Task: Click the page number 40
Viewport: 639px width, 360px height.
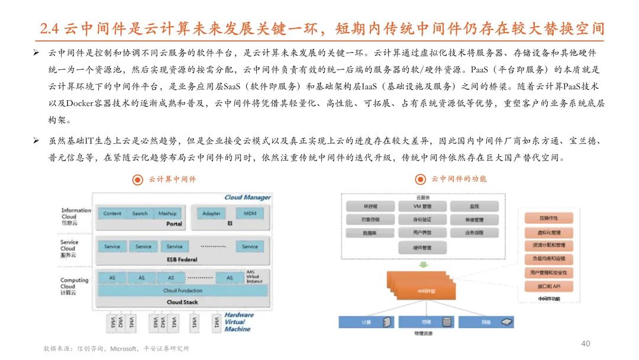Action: tap(586, 343)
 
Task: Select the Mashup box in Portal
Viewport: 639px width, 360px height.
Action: tap(167, 213)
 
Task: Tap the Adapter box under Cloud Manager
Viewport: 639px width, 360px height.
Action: tap(211, 213)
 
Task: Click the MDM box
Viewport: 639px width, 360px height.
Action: tap(250, 213)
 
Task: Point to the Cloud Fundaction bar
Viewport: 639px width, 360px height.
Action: tap(182, 291)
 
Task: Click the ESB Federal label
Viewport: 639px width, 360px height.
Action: tap(182, 259)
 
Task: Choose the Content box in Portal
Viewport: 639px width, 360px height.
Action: tap(112, 213)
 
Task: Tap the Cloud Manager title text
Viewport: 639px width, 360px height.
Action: tap(247, 197)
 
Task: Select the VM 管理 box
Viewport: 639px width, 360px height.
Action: tap(422, 207)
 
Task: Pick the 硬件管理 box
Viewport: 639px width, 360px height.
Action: tap(422, 247)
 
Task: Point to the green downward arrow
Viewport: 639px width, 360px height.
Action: tap(421, 265)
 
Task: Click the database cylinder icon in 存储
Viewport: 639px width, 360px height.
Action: tap(447, 323)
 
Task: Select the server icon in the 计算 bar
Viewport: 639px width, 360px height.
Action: tap(386, 323)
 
